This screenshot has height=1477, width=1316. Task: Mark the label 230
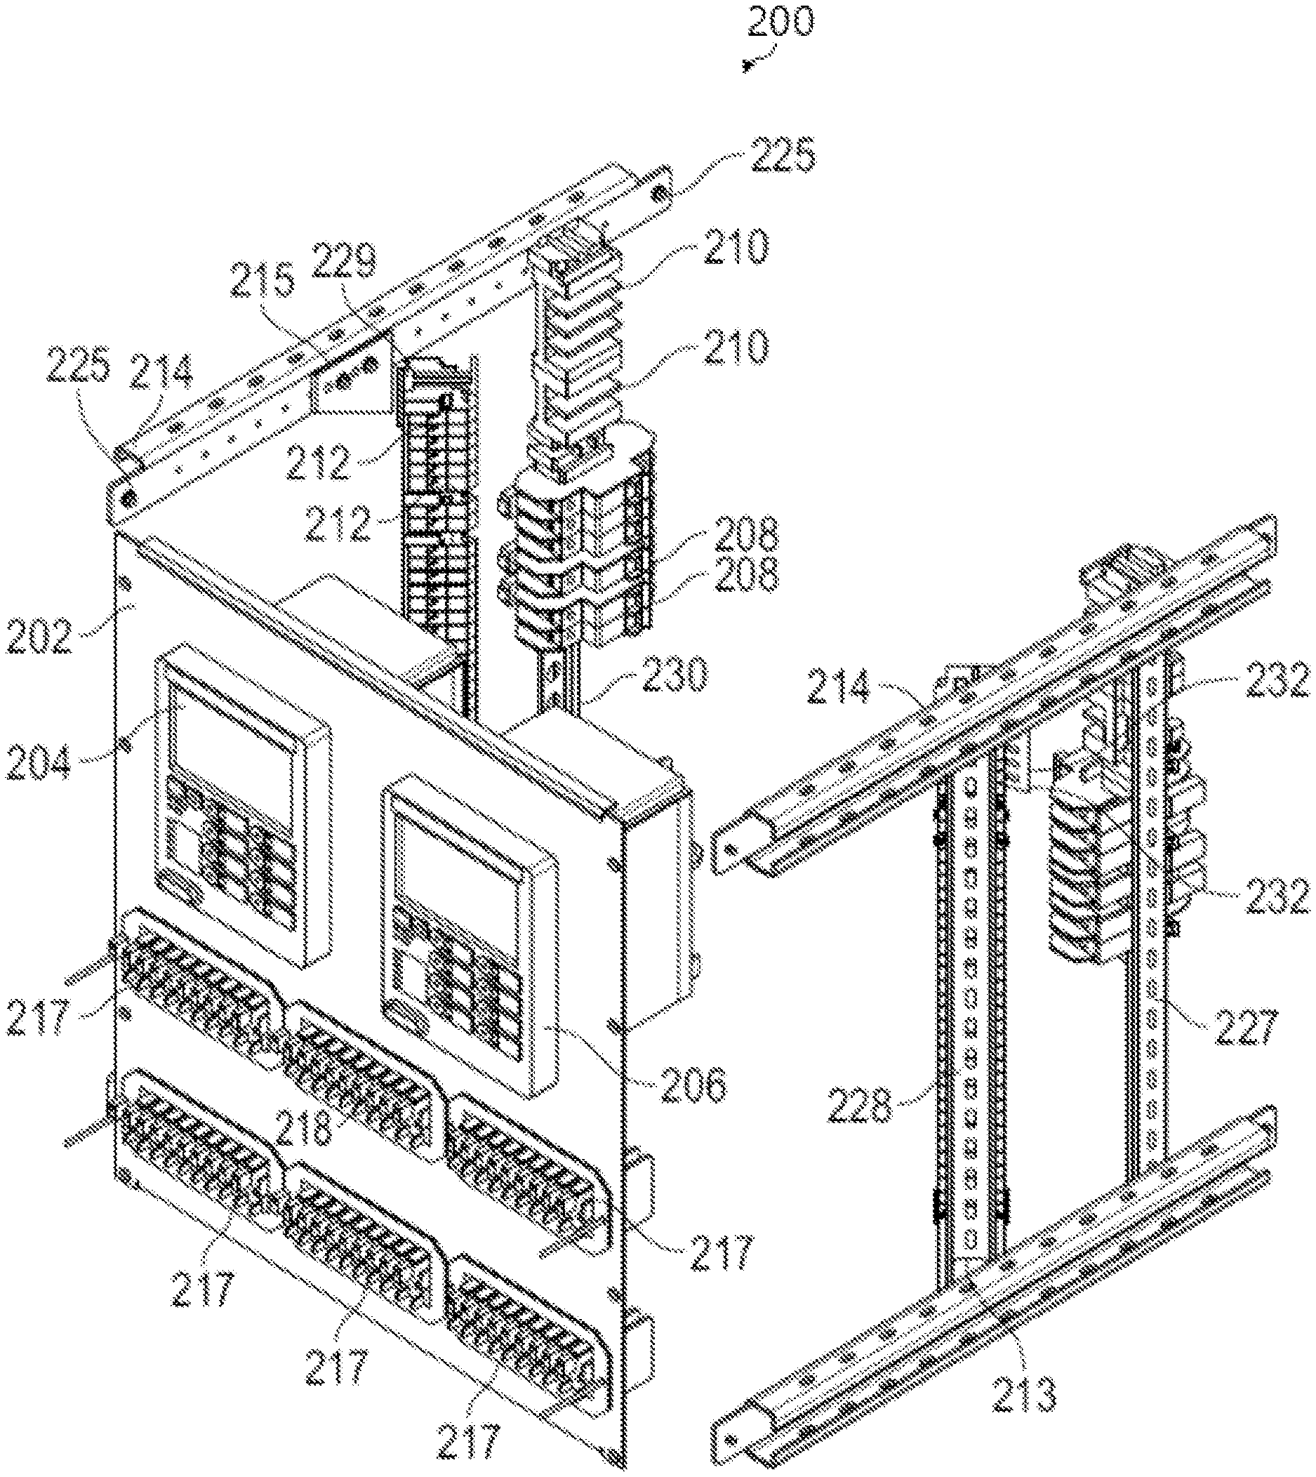672,678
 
